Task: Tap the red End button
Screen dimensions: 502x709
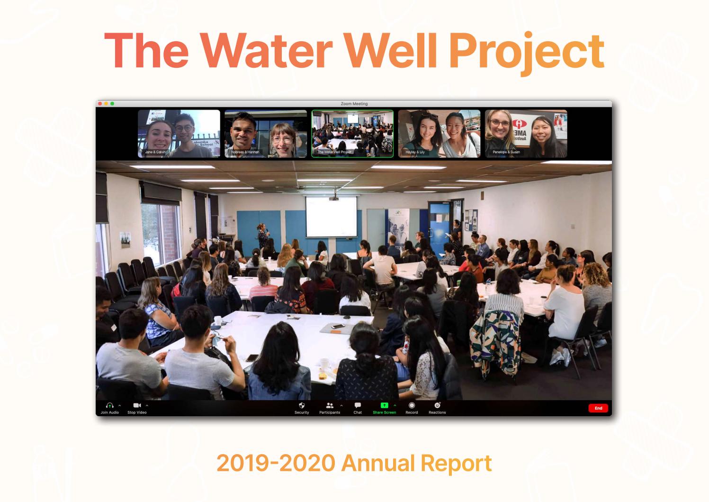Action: pos(598,408)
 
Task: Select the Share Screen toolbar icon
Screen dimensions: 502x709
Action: pos(384,406)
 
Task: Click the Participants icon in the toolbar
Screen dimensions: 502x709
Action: pos(330,406)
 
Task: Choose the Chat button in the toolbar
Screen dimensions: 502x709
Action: pos(358,406)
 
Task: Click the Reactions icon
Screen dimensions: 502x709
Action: pos(437,406)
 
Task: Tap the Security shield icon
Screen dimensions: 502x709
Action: pos(302,406)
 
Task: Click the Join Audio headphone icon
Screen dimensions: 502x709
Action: pos(109,406)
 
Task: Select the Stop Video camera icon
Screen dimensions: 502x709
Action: pos(137,406)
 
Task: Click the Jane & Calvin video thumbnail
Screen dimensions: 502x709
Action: pos(179,134)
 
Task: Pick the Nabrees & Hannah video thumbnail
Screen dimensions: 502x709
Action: pos(266,134)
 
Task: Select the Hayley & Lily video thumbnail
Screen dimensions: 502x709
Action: pos(439,134)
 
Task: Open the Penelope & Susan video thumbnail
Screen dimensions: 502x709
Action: pos(526,134)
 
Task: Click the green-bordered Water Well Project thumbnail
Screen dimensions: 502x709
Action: pos(352,134)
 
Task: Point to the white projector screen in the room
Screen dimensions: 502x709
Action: pos(331,216)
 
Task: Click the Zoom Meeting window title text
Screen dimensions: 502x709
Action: pos(354,104)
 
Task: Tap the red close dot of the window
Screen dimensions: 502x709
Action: pos(100,103)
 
